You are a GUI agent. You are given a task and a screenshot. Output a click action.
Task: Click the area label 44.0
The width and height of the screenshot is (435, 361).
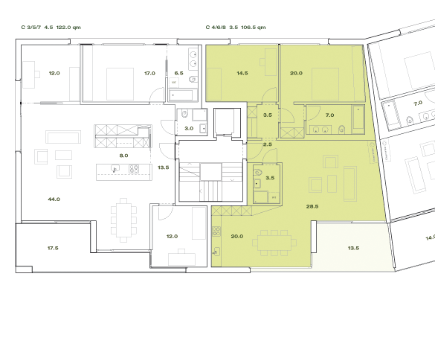(54, 199)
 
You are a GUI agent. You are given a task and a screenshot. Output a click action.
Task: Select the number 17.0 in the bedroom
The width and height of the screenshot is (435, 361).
(149, 74)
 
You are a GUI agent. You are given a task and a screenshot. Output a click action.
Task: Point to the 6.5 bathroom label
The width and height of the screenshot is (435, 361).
(178, 74)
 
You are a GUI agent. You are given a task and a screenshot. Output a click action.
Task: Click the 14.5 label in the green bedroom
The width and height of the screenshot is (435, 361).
(242, 74)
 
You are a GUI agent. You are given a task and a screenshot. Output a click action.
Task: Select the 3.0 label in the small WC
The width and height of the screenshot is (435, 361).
(189, 129)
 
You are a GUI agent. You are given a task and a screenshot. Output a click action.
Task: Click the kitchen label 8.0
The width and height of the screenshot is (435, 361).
(123, 156)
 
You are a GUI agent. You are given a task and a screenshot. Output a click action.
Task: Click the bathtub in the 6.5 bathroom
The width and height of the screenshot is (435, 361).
(182, 95)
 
